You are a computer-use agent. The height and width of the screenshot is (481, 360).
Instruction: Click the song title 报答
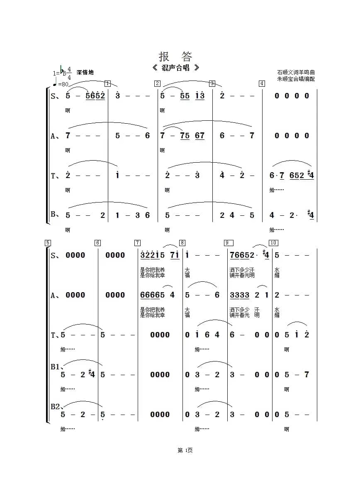[x=175, y=56]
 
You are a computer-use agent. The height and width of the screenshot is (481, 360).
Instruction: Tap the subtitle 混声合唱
[x=175, y=68]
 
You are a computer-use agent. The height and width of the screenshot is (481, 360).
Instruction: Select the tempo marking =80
[x=63, y=84]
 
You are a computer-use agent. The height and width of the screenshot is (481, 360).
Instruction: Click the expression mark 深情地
[x=85, y=73]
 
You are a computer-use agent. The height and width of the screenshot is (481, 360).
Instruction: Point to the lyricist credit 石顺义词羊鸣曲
[x=296, y=73]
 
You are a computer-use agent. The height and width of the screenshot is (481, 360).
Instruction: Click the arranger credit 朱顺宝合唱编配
[x=296, y=79]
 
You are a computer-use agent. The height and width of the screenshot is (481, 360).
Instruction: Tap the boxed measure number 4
[x=262, y=83]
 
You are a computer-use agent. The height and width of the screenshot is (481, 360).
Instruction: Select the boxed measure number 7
[x=137, y=243]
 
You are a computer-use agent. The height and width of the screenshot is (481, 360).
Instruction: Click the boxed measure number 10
[x=273, y=243]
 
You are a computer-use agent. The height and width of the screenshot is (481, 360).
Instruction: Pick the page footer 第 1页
[x=185, y=450]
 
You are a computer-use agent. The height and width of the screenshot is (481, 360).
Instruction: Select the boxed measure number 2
[x=157, y=83]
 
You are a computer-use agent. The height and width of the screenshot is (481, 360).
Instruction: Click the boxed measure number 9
[x=228, y=243]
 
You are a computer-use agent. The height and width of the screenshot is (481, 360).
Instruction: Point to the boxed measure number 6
[x=97, y=243]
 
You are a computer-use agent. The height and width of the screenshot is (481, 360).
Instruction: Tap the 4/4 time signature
[x=69, y=73]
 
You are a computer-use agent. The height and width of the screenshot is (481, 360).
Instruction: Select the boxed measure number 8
[x=182, y=243]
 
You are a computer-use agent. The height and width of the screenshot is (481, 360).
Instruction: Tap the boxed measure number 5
[x=48, y=243]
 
